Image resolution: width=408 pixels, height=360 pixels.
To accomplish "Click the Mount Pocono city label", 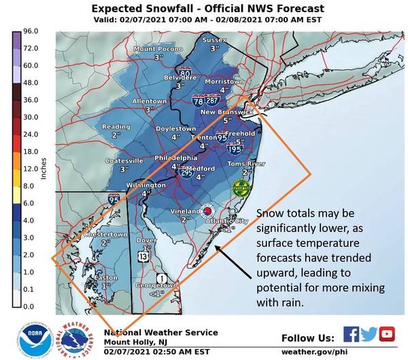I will click(157, 48).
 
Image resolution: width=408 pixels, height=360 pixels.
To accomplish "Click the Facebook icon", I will click(352, 333).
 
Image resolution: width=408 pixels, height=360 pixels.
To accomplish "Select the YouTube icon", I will click(388, 333).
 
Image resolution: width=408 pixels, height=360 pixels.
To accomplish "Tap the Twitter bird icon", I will click(370, 333).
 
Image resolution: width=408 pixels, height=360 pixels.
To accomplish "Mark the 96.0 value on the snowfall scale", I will click(21, 31).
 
